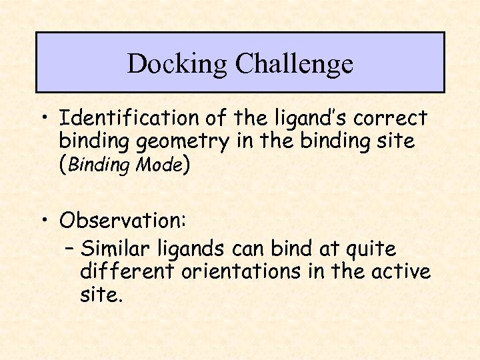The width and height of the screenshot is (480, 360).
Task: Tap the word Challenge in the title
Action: point(294,64)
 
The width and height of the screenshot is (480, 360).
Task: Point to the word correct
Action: point(391,119)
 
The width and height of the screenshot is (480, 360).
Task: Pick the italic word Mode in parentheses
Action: point(158,165)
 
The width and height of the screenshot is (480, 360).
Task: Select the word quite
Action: point(371,249)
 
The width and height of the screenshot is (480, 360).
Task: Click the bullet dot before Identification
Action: point(45,119)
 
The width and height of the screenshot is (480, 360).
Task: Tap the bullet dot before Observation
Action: point(45,220)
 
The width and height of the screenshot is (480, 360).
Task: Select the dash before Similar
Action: point(70,249)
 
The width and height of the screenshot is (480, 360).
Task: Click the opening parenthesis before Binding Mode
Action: point(62,165)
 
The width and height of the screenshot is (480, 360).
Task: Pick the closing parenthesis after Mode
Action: point(186,165)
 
